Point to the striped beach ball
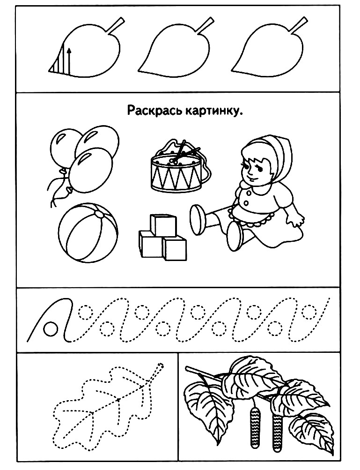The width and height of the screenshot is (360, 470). (x=88, y=233)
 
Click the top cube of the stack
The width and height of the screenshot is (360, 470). (x=163, y=225)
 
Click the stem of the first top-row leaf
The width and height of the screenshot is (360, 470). (x=115, y=26)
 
